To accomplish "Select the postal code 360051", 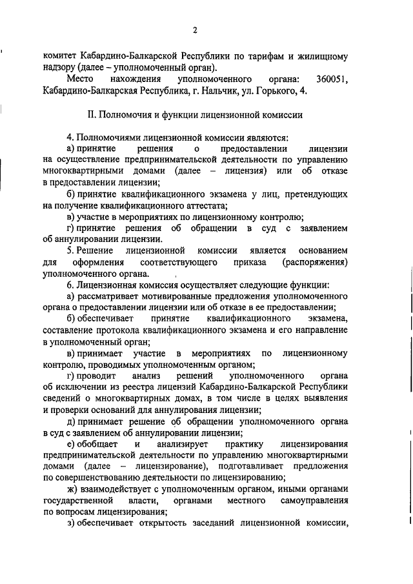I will [x=332, y=79].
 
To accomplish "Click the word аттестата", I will [x=205, y=205].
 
